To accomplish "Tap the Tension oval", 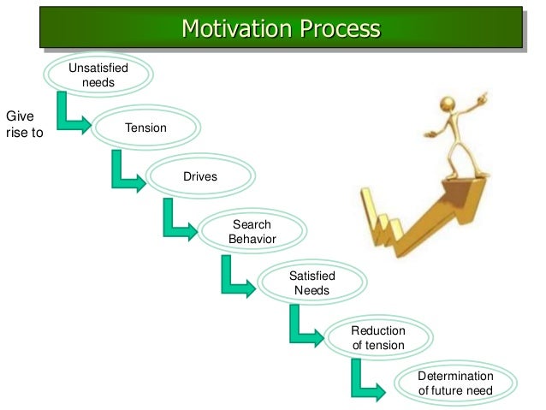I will click(145, 128).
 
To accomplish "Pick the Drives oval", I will click(199, 177).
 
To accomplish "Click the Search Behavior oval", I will click(252, 231).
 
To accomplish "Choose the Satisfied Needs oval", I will click(312, 283).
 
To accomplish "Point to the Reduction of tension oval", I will click(377, 338).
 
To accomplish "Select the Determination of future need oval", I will click(455, 383).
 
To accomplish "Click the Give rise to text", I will click(23, 124).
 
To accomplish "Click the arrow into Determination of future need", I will click(365, 380).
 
